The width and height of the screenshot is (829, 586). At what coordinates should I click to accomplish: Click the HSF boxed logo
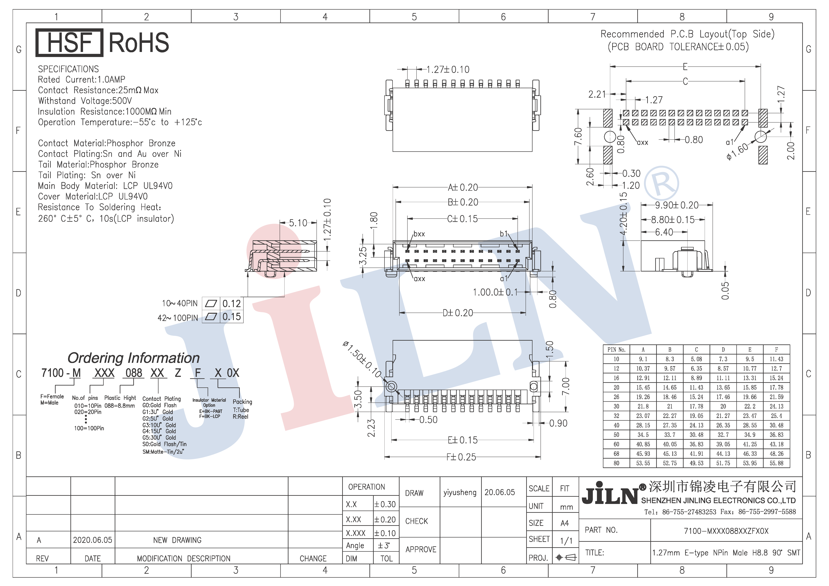click(69, 43)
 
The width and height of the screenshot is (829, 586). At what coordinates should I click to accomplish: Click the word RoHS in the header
click(139, 43)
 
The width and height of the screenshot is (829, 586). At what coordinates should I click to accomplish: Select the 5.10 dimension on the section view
click(298, 223)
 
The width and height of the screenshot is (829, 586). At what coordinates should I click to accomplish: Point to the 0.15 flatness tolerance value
click(231, 317)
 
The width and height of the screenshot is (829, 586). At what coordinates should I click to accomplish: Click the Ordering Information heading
click(134, 358)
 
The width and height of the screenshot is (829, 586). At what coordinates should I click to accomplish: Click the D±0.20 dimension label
click(458, 313)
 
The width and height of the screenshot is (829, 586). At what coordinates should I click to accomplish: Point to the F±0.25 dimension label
click(461, 457)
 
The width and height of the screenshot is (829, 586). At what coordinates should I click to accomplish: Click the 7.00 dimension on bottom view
click(566, 386)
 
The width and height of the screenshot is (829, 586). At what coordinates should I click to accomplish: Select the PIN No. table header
click(616, 350)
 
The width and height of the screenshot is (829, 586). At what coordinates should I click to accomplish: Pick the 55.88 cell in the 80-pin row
click(776, 463)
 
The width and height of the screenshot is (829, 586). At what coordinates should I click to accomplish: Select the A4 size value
click(565, 523)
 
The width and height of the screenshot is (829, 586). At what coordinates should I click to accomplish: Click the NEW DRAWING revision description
click(177, 540)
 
